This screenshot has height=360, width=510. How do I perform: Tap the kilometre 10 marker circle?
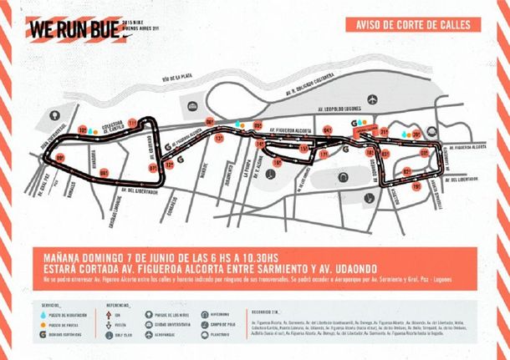click(x=84, y=131)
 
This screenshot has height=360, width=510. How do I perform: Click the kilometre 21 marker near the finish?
click(x=384, y=132)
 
